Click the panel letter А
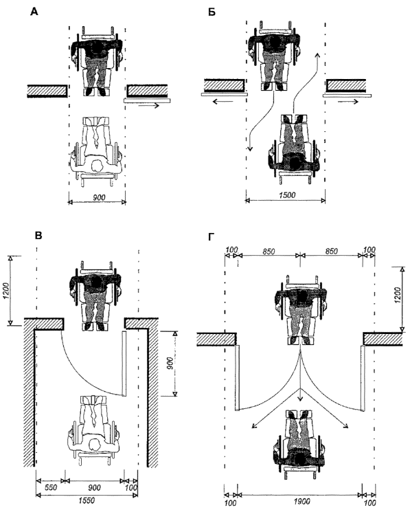pyautogui.click(x=34, y=12)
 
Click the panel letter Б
pyautogui.click(x=212, y=12)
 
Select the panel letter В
pyautogui.click(x=38, y=235)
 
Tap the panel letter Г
pyautogui.click(x=211, y=237)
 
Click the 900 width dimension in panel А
pyautogui.click(x=98, y=197)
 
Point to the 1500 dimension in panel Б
pyautogui.click(x=287, y=195)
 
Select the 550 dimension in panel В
pyautogui.click(x=50, y=487)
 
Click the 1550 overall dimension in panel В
pyautogui.click(x=87, y=500)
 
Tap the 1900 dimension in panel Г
pyautogui.click(x=301, y=501)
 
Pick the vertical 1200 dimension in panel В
pyautogui.click(x=6, y=290)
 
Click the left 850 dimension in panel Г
pyautogui.click(x=269, y=252)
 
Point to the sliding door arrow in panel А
pyautogui.click(x=148, y=105)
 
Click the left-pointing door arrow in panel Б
pyautogui.click(x=223, y=102)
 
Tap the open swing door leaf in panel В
pyautogui.click(x=124, y=364)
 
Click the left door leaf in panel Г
pyautogui.click(x=237, y=378)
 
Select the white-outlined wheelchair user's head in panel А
pyautogui.click(x=97, y=166)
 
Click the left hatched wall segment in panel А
pyautogui.click(x=47, y=91)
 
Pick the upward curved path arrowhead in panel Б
pyautogui.click(x=317, y=54)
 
